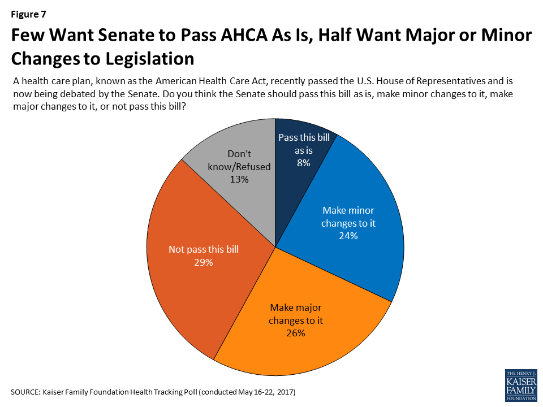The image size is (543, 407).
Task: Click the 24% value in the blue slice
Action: click(x=348, y=236)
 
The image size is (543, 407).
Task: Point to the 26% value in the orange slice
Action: click(x=296, y=333)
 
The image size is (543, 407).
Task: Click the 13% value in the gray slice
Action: click(x=240, y=179)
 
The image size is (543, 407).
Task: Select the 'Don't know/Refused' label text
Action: click(x=240, y=161)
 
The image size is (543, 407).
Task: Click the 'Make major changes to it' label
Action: click(x=295, y=314)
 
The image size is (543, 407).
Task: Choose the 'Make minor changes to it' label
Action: click(x=348, y=217)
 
